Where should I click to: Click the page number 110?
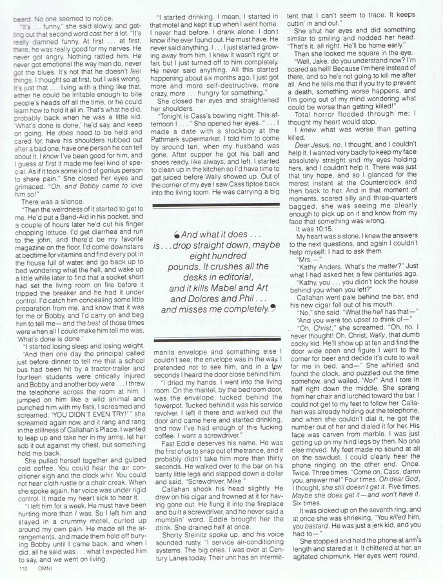24,569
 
